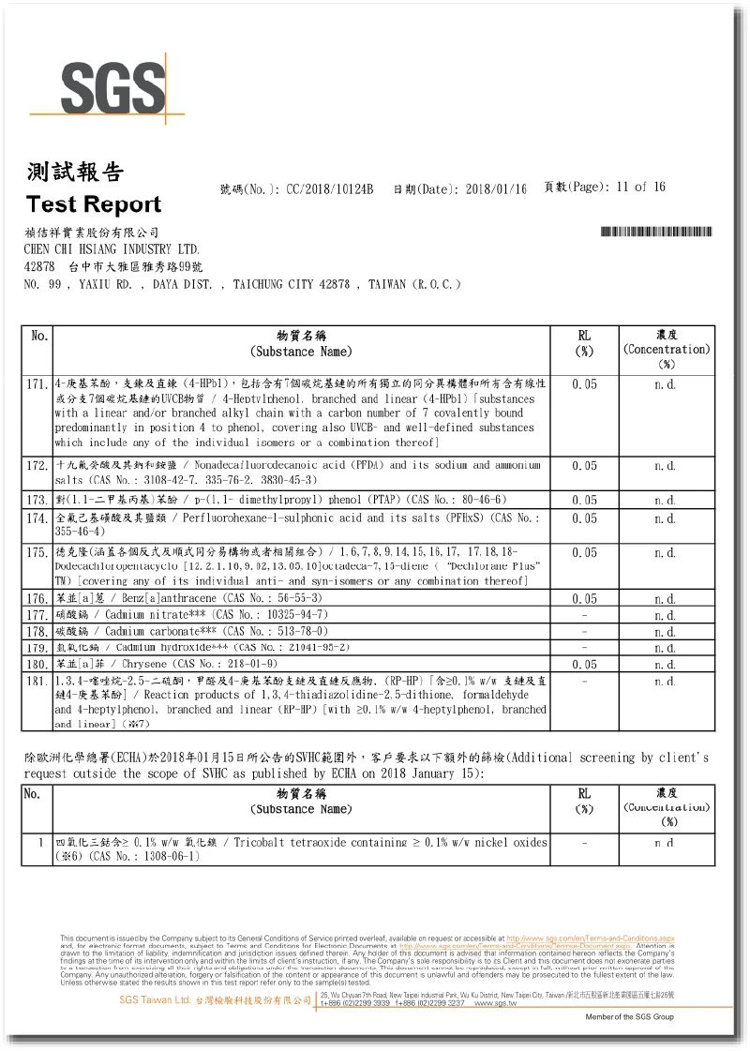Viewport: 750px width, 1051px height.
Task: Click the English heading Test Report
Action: pos(94,204)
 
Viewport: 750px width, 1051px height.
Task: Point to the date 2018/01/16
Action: pos(496,188)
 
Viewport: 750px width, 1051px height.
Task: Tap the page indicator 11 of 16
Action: pos(641,188)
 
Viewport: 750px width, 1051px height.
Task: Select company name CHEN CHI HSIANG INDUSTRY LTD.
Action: pos(112,249)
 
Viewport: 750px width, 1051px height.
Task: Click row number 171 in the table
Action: pos(37,384)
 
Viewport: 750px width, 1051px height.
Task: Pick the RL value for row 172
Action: pos(584,465)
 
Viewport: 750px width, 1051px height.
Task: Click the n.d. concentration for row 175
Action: pos(665,552)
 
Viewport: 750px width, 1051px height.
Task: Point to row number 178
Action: pos(37,631)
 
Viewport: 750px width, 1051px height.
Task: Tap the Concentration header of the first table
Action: pos(666,349)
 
